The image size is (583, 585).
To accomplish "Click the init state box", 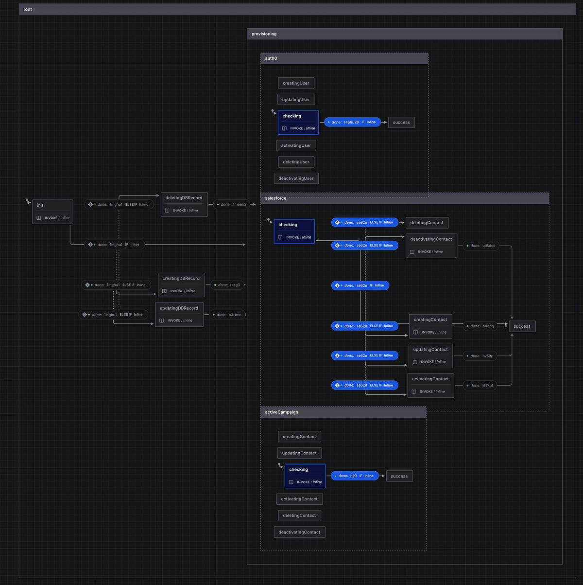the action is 52,212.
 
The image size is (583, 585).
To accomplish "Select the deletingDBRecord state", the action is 184,204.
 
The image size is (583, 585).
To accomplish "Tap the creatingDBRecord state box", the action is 181,285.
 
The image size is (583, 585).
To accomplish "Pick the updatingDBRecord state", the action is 179,315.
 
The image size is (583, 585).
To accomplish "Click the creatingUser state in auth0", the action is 296,83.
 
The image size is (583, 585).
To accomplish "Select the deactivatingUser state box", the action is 296,178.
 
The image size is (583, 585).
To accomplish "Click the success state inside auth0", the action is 401,123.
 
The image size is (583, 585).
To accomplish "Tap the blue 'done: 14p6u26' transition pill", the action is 353,122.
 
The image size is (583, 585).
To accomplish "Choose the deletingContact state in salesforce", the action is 427,223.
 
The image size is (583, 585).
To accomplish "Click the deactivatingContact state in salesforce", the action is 431,246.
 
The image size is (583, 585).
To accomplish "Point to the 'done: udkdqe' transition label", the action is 481,246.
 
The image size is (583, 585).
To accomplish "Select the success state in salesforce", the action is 522,326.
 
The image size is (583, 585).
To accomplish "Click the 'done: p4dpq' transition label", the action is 480,326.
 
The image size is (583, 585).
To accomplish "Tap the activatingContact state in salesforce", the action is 430,385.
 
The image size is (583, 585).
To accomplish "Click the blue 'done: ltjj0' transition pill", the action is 355,476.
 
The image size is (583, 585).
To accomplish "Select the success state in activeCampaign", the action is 399,476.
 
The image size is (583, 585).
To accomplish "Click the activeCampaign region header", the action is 343,412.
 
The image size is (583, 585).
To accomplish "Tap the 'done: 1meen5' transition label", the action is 231,204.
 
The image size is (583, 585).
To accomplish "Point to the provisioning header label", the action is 264,34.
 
